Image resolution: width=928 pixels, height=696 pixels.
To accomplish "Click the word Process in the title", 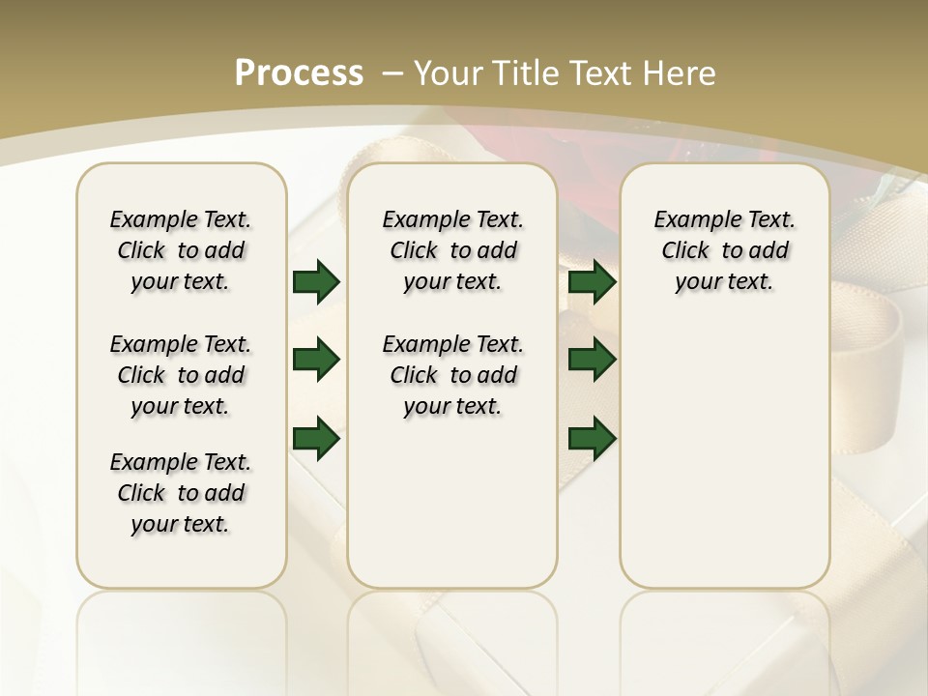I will click(x=299, y=72).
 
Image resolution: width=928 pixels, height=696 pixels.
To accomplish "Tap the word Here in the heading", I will click(x=682, y=72).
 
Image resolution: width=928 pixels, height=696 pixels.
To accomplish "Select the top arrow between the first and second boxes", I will click(x=316, y=281).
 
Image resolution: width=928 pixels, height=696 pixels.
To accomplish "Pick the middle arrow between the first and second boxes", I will click(x=316, y=360).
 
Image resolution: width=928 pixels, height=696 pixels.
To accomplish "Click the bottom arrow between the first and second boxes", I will click(x=316, y=438).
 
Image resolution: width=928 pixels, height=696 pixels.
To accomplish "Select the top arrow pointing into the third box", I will click(x=593, y=281).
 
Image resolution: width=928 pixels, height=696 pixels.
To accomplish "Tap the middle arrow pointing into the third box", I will click(x=593, y=360).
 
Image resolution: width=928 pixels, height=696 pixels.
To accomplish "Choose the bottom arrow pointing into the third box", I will click(x=593, y=438).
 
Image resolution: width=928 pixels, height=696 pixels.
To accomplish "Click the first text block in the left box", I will click(x=181, y=250).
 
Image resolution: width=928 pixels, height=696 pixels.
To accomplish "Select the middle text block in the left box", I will click(x=181, y=375).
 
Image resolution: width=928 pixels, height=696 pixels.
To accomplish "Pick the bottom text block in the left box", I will click(x=181, y=493).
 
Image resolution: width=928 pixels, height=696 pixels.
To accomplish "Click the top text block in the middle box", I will click(x=452, y=250).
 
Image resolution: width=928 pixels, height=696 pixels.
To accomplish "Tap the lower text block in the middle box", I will click(x=452, y=375).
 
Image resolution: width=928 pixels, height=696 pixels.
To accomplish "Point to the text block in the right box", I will click(x=724, y=250).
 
